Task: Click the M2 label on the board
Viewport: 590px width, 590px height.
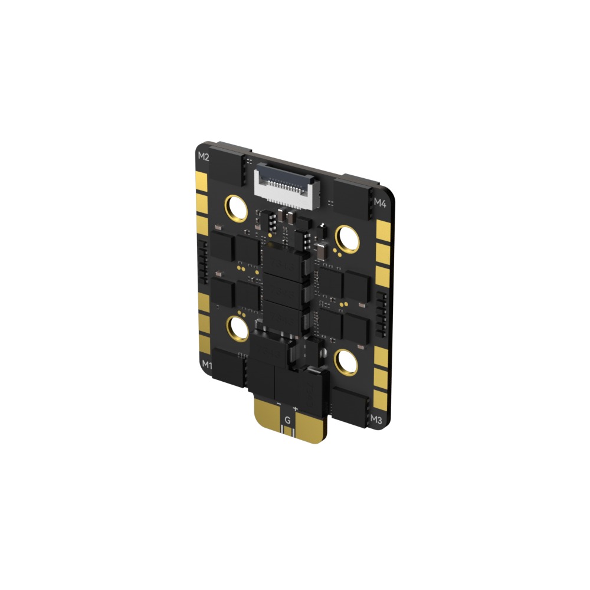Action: click(204, 156)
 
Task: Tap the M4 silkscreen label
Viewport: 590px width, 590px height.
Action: click(381, 202)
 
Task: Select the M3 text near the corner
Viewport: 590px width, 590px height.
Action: click(376, 419)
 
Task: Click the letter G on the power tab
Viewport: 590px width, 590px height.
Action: click(287, 419)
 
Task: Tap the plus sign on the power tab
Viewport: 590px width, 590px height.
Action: click(296, 408)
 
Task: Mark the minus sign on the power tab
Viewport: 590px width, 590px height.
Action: click(278, 404)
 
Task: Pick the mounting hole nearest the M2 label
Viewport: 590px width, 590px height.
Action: click(236, 208)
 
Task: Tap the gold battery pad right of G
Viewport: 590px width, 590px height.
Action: click(310, 428)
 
